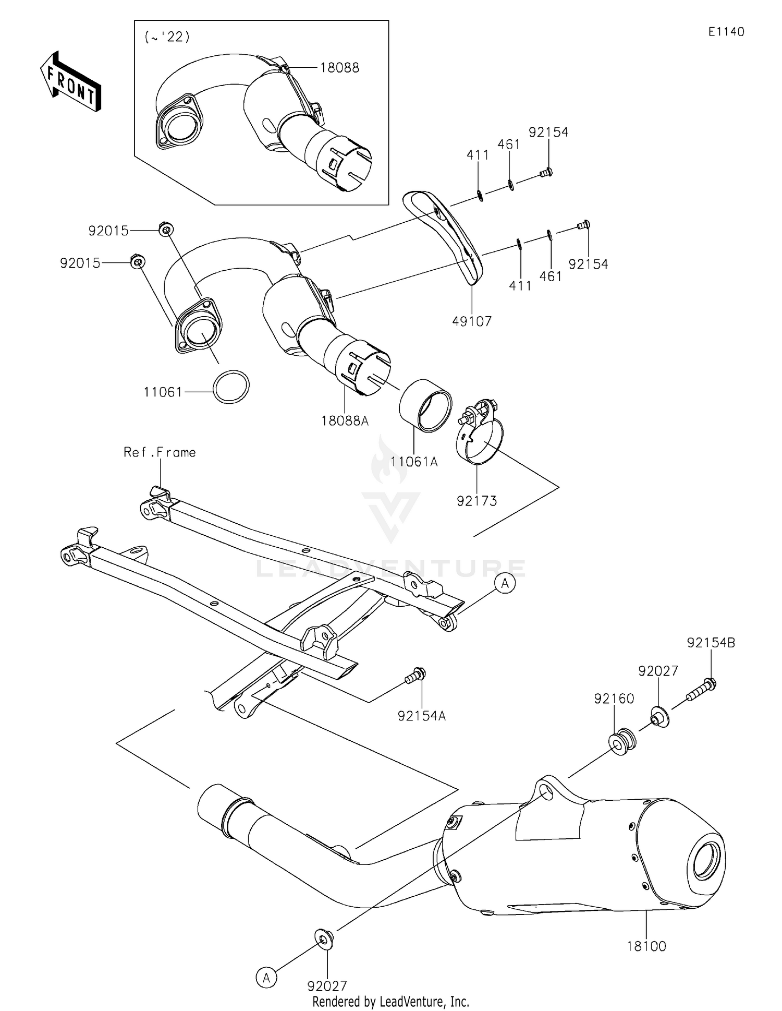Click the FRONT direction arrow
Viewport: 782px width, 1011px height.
coord(71,82)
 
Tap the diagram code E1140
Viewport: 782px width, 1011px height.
coord(726,32)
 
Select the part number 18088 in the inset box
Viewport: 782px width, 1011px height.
coord(339,68)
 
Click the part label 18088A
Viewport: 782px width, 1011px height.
coord(345,421)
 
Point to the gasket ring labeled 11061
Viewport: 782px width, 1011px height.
coord(231,387)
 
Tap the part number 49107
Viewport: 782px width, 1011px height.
coord(472,321)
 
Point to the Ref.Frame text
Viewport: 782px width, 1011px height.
coord(160,452)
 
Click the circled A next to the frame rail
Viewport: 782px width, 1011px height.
coord(505,583)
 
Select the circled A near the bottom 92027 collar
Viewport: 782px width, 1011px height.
coord(266,977)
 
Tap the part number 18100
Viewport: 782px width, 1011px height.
coord(646,946)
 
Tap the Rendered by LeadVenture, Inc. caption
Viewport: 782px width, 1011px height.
coord(390,1002)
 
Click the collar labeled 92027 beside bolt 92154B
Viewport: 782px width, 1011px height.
coord(659,717)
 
